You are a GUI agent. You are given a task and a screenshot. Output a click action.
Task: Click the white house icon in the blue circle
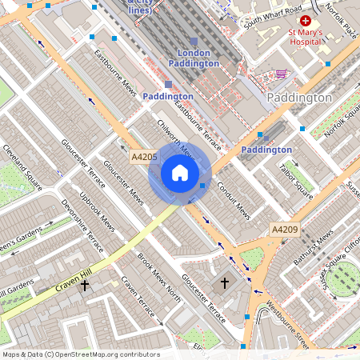pyautogui.click(x=180, y=173)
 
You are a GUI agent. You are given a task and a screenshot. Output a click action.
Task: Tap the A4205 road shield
pyautogui.click(x=144, y=157)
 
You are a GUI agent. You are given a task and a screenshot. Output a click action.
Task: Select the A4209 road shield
pyautogui.click(x=284, y=230)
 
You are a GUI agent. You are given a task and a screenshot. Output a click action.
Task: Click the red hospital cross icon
pyautogui.click(x=305, y=20)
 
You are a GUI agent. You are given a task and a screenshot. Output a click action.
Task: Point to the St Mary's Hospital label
pyautogui.click(x=306, y=38)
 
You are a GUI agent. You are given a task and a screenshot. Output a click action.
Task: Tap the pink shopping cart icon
pyautogui.click(x=281, y=74)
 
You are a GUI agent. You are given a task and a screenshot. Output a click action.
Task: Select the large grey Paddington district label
pyautogui.click(x=299, y=98)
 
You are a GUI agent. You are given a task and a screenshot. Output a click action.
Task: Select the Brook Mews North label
pyautogui.click(x=158, y=280)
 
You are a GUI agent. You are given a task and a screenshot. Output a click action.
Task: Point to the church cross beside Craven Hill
pyautogui.click(x=85, y=285)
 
